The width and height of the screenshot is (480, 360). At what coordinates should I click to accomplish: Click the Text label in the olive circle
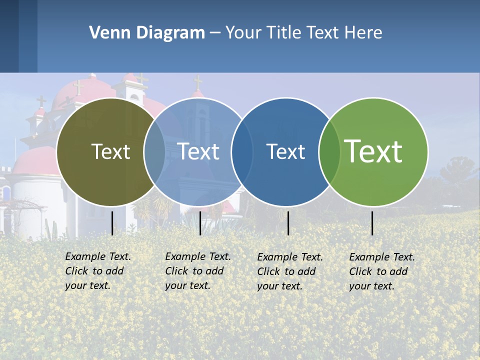click(110, 151)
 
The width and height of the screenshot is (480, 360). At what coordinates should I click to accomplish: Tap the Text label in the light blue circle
click(198, 151)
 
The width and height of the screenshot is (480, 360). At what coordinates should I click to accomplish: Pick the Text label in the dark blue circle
click(285, 152)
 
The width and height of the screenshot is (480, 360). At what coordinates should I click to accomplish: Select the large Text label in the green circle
click(373, 151)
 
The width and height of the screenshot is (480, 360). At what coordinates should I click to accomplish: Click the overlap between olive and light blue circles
click(154, 151)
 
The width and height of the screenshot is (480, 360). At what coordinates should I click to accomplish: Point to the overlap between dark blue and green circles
click(329, 151)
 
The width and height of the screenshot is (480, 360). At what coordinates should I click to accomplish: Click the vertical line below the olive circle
click(112, 223)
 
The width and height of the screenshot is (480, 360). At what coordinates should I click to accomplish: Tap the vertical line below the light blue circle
click(200, 223)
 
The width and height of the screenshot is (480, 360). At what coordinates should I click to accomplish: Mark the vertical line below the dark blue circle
click(288, 223)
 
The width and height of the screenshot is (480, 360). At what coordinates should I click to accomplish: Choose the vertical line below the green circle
click(372, 223)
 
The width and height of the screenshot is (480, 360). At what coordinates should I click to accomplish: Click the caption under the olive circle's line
click(97, 271)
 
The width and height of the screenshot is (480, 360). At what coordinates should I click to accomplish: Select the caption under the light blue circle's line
click(197, 271)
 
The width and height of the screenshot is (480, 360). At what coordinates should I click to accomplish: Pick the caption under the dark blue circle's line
click(289, 271)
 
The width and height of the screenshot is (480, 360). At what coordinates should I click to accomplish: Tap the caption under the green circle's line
click(381, 271)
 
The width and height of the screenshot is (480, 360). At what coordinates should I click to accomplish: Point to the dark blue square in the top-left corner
click(9, 36)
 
